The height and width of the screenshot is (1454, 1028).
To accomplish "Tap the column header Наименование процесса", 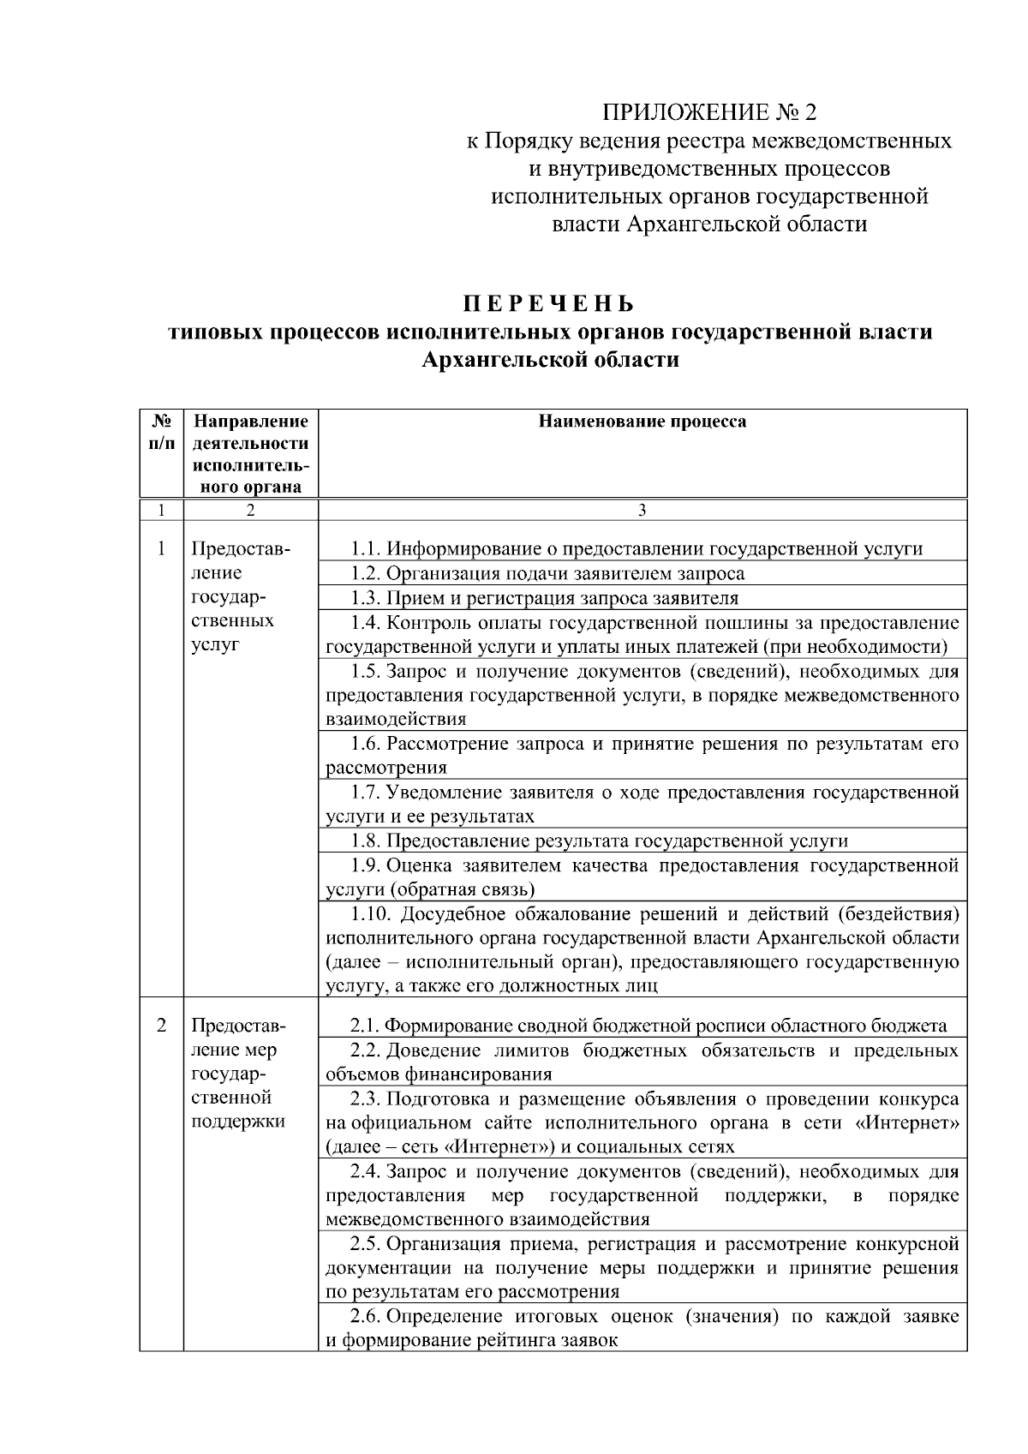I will pyautogui.click(x=642, y=422).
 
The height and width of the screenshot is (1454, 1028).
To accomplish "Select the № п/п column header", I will pyautogui.click(x=161, y=432).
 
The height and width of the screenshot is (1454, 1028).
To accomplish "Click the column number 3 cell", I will pyautogui.click(x=642, y=511).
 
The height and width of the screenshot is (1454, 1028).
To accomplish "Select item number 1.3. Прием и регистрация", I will pyautogui.click(x=366, y=598).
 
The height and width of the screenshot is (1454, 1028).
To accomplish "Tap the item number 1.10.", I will pyautogui.click(x=370, y=914).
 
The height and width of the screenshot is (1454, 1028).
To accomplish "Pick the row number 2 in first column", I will pyautogui.click(x=161, y=1026).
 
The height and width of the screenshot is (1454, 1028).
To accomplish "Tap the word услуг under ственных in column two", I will pyautogui.click(x=215, y=645).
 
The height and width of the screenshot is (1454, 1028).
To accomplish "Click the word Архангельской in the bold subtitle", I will pyautogui.click(x=494, y=360).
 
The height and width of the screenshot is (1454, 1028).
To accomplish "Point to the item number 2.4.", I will pyautogui.click(x=366, y=1171).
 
